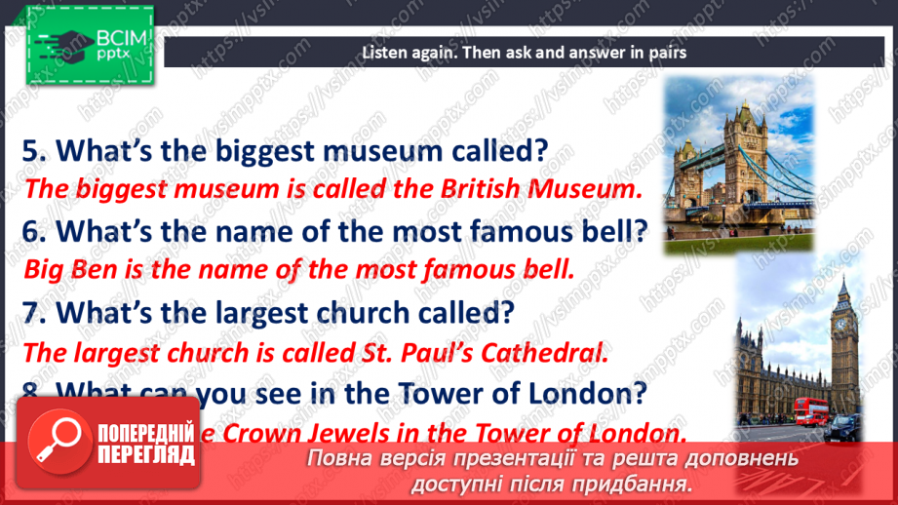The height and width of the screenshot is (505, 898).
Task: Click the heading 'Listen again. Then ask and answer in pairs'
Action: pos(524,53)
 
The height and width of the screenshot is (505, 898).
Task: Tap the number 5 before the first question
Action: pos(33,152)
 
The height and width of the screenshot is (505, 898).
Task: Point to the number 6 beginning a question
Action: pos(33,232)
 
